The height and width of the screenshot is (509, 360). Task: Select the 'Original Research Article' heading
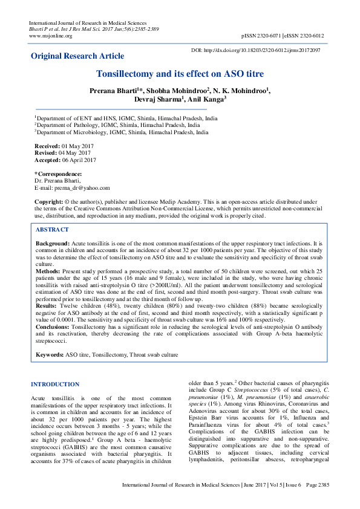(77, 56)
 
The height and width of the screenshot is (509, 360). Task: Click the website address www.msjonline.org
(50, 36)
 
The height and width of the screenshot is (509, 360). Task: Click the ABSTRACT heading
(51, 230)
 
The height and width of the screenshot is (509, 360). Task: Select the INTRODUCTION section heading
(54, 384)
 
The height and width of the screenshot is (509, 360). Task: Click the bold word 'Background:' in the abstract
(53, 242)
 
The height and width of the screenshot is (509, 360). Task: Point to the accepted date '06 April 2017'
(82, 160)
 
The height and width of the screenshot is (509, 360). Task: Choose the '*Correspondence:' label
(58, 174)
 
